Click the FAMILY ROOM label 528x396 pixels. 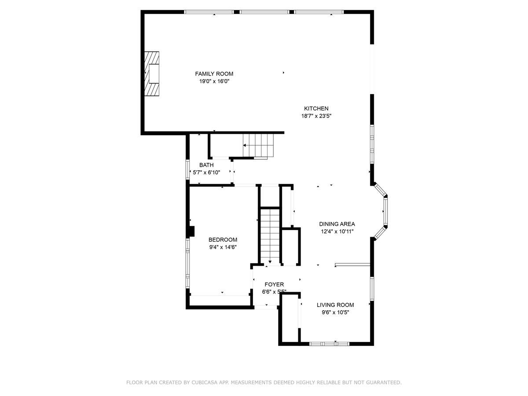click(x=214, y=74)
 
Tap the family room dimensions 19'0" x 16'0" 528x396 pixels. click(x=214, y=81)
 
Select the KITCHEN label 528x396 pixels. click(x=316, y=109)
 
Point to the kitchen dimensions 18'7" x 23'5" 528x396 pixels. click(x=316, y=116)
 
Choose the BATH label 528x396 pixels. click(x=206, y=165)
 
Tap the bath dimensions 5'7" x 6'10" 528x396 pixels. click(x=206, y=172)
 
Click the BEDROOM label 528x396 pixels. click(x=223, y=240)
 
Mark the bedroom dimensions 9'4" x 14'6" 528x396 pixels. click(x=223, y=247)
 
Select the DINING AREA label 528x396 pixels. click(x=337, y=224)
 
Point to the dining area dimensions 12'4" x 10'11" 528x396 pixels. click(x=337, y=231)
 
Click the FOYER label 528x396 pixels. click(x=274, y=285)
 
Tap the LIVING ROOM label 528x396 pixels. click(x=335, y=305)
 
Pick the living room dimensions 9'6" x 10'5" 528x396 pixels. click(x=335, y=312)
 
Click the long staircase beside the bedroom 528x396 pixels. click(x=269, y=235)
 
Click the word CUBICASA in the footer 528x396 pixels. click(x=205, y=383)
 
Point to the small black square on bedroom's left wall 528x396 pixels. click(x=191, y=231)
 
